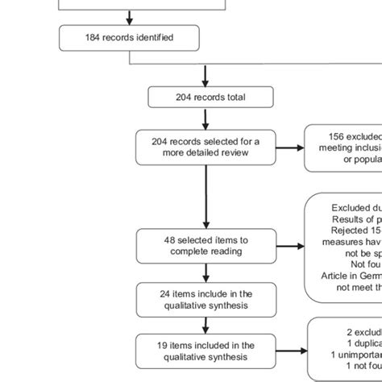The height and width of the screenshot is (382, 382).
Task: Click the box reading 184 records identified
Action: point(129,37)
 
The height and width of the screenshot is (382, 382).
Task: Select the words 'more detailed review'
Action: point(206,151)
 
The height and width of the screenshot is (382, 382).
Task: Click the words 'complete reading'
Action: point(205,251)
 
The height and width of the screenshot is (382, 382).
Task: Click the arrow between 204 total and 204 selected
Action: point(206,118)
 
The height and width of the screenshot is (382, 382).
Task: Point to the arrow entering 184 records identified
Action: point(129,17)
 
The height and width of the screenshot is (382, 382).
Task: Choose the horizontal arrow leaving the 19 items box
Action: point(288,351)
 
